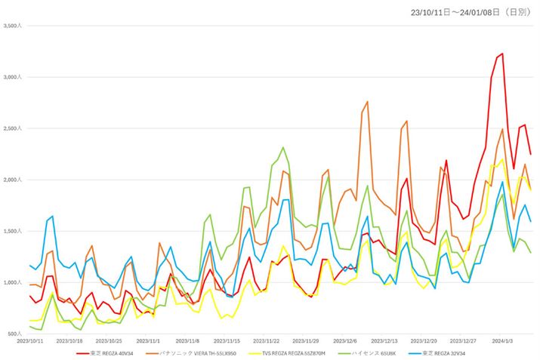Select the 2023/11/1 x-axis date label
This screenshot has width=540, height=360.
point(149,340)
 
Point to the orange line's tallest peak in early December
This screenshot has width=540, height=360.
point(367,102)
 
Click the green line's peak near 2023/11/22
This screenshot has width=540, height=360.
point(282,148)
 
